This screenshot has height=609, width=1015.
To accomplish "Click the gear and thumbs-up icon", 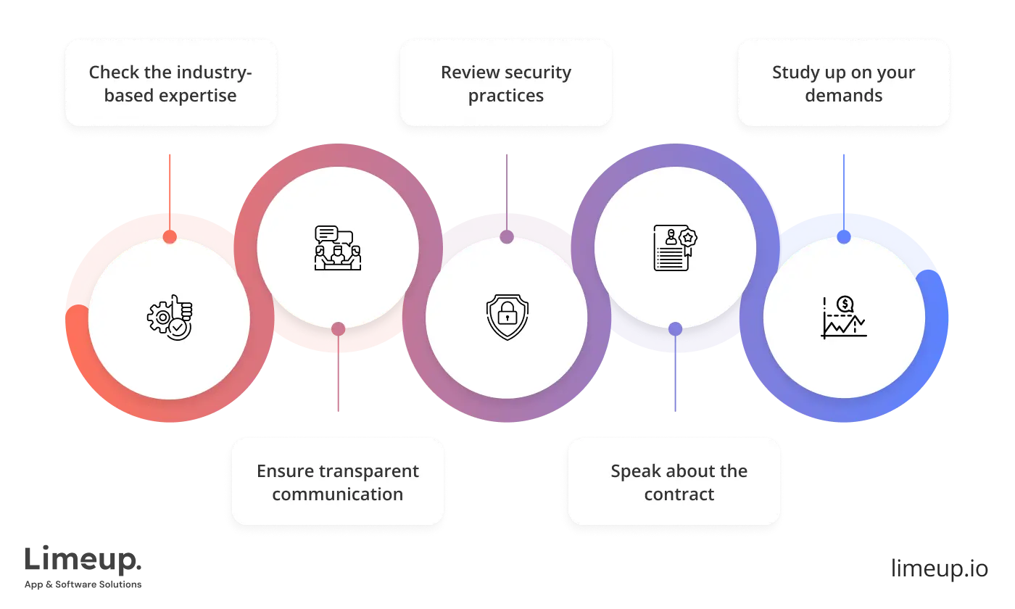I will [x=170, y=318].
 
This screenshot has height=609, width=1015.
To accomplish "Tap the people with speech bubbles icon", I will [x=338, y=248].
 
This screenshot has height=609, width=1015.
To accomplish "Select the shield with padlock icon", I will [x=507, y=318].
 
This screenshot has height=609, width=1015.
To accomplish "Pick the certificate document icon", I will [x=675, y=248].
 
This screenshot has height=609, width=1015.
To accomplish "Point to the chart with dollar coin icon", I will [x=844, y=318].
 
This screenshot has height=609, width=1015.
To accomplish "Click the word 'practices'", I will [x=506, y=96].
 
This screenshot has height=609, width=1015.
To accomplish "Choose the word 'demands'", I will [x=844, y=96].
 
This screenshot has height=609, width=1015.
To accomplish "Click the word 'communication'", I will [x=338, y=494].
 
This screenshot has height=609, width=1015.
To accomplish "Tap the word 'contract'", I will [x=679, y=494].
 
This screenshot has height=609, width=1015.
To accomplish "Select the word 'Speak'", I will [x=634, y=471].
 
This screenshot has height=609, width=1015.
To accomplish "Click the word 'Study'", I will [x=795, y=72].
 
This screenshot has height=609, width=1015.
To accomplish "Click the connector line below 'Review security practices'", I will [x=507, y=188].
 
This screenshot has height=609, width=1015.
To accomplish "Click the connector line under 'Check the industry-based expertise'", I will [x=170, y=188].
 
